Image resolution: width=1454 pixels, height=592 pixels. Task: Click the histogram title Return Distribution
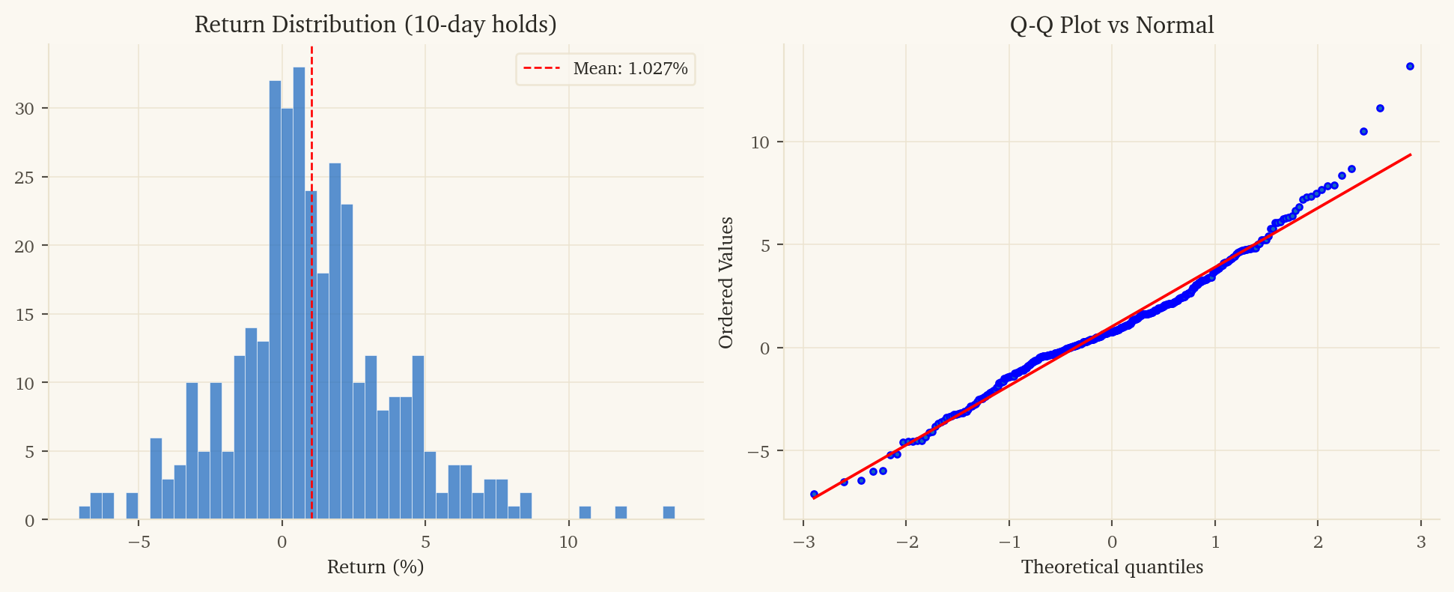[375, 25]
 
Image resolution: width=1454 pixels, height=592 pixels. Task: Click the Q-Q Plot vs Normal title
[1112, 25]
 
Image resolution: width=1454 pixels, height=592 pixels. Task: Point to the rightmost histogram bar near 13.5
[669, 513]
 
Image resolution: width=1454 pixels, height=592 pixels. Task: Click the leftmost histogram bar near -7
[85, 513]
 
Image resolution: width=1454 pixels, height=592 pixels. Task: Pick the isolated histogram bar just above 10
[585, 513]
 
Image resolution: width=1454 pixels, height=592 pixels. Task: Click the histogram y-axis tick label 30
[25, 109]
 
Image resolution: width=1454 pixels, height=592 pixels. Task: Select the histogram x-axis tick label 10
[568, 542]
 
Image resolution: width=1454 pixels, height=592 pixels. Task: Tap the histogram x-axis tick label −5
[139, 542]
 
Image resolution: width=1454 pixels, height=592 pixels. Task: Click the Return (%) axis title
[375, 567]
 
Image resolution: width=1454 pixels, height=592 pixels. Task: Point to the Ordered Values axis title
[726, 283]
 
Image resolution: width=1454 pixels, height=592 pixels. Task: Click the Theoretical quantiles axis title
[1112, 567]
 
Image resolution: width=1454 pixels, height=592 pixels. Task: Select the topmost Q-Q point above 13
[1410, 67]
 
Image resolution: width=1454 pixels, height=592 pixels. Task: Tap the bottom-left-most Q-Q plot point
[814, 495]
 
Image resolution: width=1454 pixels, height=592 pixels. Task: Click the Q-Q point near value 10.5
[1363, 132]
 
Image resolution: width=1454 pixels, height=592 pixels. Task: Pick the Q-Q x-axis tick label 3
[1420, 542]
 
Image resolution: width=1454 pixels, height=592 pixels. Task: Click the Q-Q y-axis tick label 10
[760, 142]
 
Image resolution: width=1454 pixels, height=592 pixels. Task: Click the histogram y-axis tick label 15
[25, 315]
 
